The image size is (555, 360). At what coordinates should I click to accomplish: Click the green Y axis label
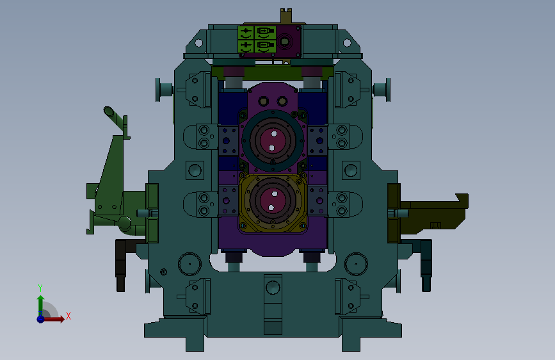coord(40,288)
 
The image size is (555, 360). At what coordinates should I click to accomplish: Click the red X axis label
coord(68,316)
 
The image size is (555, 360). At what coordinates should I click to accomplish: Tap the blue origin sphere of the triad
coord(41,319)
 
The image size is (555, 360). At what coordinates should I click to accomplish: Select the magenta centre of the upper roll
coord(273,140)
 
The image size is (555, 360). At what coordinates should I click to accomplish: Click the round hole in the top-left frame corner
coord(198,43)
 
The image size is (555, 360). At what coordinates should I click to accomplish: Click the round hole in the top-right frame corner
coord(347,43)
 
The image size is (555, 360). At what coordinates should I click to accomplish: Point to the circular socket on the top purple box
coord(284,42)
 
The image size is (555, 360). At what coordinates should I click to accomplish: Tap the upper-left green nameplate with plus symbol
coord(246,33)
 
